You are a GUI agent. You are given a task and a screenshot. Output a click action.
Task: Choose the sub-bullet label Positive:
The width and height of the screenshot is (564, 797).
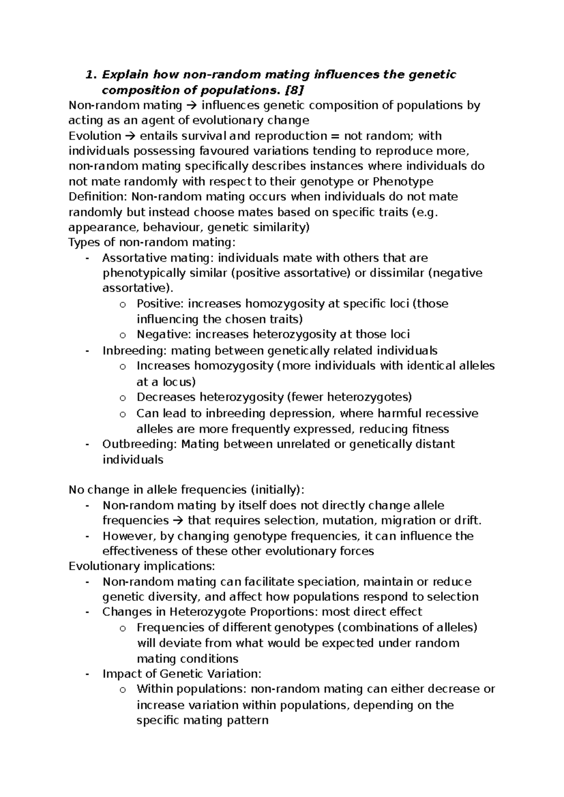[x=160, y=304]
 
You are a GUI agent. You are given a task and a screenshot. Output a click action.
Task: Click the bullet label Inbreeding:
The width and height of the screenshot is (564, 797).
[x=134, y=351]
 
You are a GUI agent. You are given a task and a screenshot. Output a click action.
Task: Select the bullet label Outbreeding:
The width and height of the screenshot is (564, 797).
[x=140, y=444]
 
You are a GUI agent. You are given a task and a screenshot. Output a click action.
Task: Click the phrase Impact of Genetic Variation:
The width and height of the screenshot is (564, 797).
[x=181, y=673]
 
